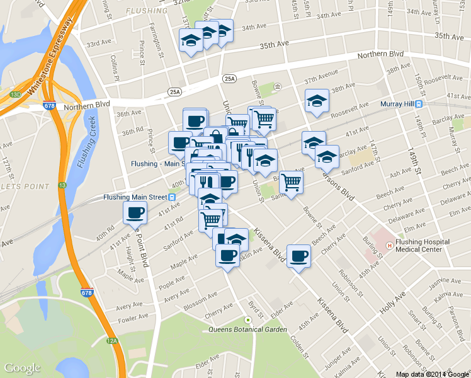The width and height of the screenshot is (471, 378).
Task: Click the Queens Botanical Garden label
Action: (x=247, y=329)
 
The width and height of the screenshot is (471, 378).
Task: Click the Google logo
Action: (x=22, y=368)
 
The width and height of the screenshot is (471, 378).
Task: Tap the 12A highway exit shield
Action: (x=111, y=341)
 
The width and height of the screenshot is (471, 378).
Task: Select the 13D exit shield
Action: (x=15, y=95)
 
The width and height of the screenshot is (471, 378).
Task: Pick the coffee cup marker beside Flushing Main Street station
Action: (x=135, y=214)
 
